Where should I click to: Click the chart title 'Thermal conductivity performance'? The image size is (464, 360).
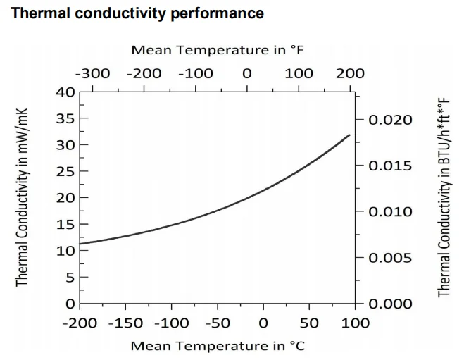coord(138,13)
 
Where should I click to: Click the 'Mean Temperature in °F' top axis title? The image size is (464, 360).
coord(218,50)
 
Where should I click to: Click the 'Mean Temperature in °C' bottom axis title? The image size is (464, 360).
coord(218,345)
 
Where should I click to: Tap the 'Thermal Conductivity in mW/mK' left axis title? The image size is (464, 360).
coord(23,197)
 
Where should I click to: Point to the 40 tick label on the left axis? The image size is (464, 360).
coord(65,92)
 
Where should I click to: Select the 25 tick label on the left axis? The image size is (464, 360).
coord(65,171)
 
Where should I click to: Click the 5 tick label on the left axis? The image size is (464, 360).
coord(70,277)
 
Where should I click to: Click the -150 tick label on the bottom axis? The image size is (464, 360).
coord(125,323)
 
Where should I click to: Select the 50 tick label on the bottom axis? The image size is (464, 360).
coord(309,323)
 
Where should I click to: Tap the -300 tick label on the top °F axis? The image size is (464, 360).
coord(93,73)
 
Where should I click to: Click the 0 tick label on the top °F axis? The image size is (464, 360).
coord(246,73)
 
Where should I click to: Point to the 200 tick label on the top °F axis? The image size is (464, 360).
coord(350,73)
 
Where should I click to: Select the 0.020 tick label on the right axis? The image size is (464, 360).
coord(389,120)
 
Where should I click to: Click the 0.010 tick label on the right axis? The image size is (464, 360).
coord(389,212)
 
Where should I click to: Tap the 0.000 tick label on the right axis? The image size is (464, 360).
coord(389,304)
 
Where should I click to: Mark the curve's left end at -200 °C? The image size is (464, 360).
coord(80,244)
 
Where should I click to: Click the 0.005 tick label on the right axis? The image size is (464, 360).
coord(389,258)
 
